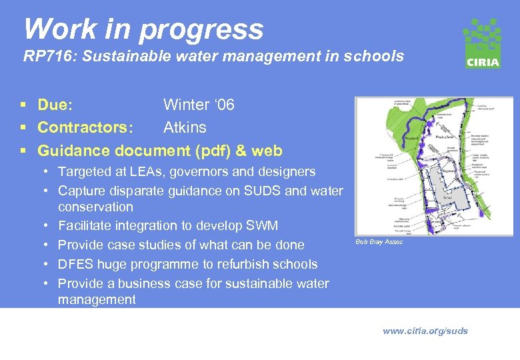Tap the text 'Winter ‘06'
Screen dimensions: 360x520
(x=199, y=105)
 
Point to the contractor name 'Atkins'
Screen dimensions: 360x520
(x=185, y=127)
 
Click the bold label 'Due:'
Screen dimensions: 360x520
(x=55, y=105)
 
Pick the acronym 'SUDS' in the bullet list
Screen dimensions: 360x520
(x=265, y=191)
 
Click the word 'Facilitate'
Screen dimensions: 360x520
(x=85, y=226)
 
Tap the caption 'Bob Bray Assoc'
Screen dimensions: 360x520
(x=379, y=241)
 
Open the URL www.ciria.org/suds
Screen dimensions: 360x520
(x=425, y=331)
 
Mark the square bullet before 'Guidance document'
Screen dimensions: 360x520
(x=25, y=151)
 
